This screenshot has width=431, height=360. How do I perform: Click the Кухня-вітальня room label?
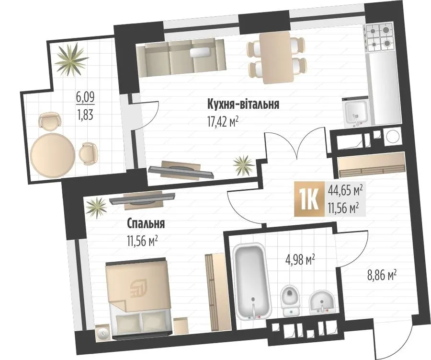pos(243,105)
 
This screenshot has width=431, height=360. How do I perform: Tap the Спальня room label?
pos(146,224)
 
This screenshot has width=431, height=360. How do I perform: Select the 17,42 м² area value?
pos(223,122)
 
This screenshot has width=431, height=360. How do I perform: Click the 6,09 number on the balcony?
pos(85,98)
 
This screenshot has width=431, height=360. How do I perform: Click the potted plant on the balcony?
pos(71,59)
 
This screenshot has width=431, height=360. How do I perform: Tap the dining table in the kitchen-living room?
pos(277,57)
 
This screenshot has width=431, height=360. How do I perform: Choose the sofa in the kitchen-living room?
pos(181,58)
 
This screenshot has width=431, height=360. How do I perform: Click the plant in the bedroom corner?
pos(96,208)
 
